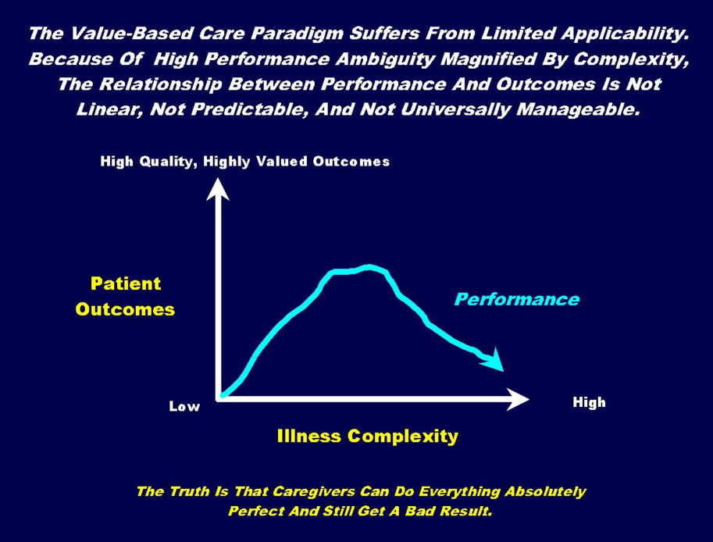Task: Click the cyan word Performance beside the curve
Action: coord(517,299)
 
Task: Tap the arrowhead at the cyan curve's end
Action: coord(494,360)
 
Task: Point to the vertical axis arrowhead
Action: coord(217,189)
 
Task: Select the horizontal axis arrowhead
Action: coord(518,399)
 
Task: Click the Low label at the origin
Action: coord(184,406)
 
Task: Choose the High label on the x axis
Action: coord(589,402)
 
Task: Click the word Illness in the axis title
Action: coord(308,436)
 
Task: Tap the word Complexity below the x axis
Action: coord(402,437)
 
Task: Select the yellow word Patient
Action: coord(126,283)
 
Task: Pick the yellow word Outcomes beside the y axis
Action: coord(125,309)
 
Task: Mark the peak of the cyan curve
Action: coord(369,267)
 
